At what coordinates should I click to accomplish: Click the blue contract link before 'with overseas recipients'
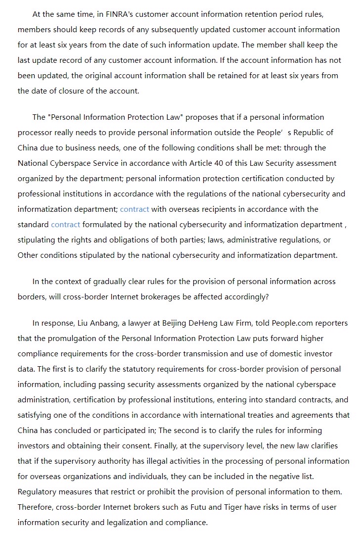point(135,209)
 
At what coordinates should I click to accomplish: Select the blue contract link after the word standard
point(65,224)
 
